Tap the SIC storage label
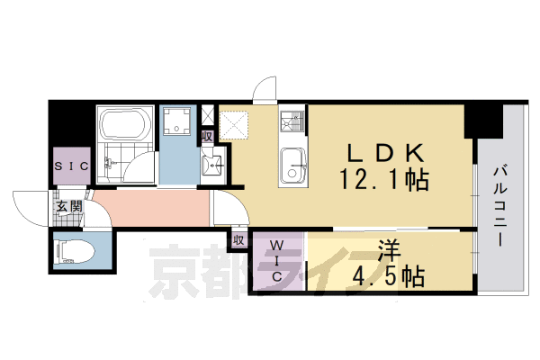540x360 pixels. [x=70, y=167]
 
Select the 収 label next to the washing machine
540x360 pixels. [x=208, y=137]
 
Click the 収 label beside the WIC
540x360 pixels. [x=239, y=240]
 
